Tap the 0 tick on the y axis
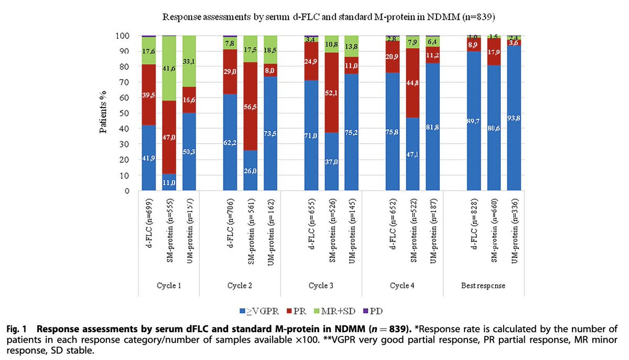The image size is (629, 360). pos(126,191)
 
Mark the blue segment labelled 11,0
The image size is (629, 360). pos(169,182)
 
